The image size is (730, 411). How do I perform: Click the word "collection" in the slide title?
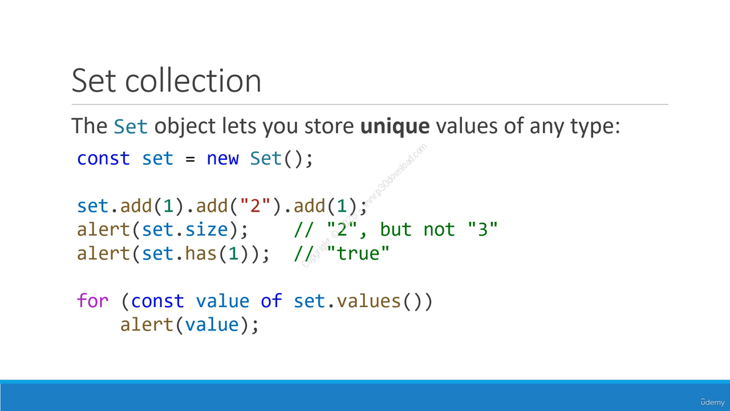[x=193, y=80]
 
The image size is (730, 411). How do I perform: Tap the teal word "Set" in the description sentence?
[x=131, y=126]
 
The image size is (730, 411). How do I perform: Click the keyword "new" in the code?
[x=222, y=159]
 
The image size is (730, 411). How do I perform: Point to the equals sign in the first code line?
[x=190, y=159]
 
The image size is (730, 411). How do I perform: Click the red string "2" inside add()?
[x=255, y=205]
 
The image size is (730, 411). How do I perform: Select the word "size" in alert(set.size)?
[x=206, y=229]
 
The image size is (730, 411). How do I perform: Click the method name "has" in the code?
[x=201, y=253]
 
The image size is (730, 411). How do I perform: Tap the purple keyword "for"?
[x=92, y=300]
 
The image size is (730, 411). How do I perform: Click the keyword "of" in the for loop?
[x=271, y=300]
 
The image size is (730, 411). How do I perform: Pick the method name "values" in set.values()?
[x=368, y=301]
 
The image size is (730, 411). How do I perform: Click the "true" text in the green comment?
[x=358, y=253]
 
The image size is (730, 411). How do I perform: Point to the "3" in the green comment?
[x=482, y=229]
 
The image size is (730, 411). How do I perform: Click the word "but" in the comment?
[x=396, y=229]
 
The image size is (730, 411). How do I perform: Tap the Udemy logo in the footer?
[x=712, y=402]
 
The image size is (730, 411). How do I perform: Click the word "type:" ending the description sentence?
[x=595, y=127]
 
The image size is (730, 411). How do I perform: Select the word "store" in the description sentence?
[x=329, y=127]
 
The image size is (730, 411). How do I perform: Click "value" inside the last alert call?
[x=212, y=325]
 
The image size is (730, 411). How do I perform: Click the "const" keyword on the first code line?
[x=103, y=159]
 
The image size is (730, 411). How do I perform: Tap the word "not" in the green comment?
[x=439, y=229]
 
